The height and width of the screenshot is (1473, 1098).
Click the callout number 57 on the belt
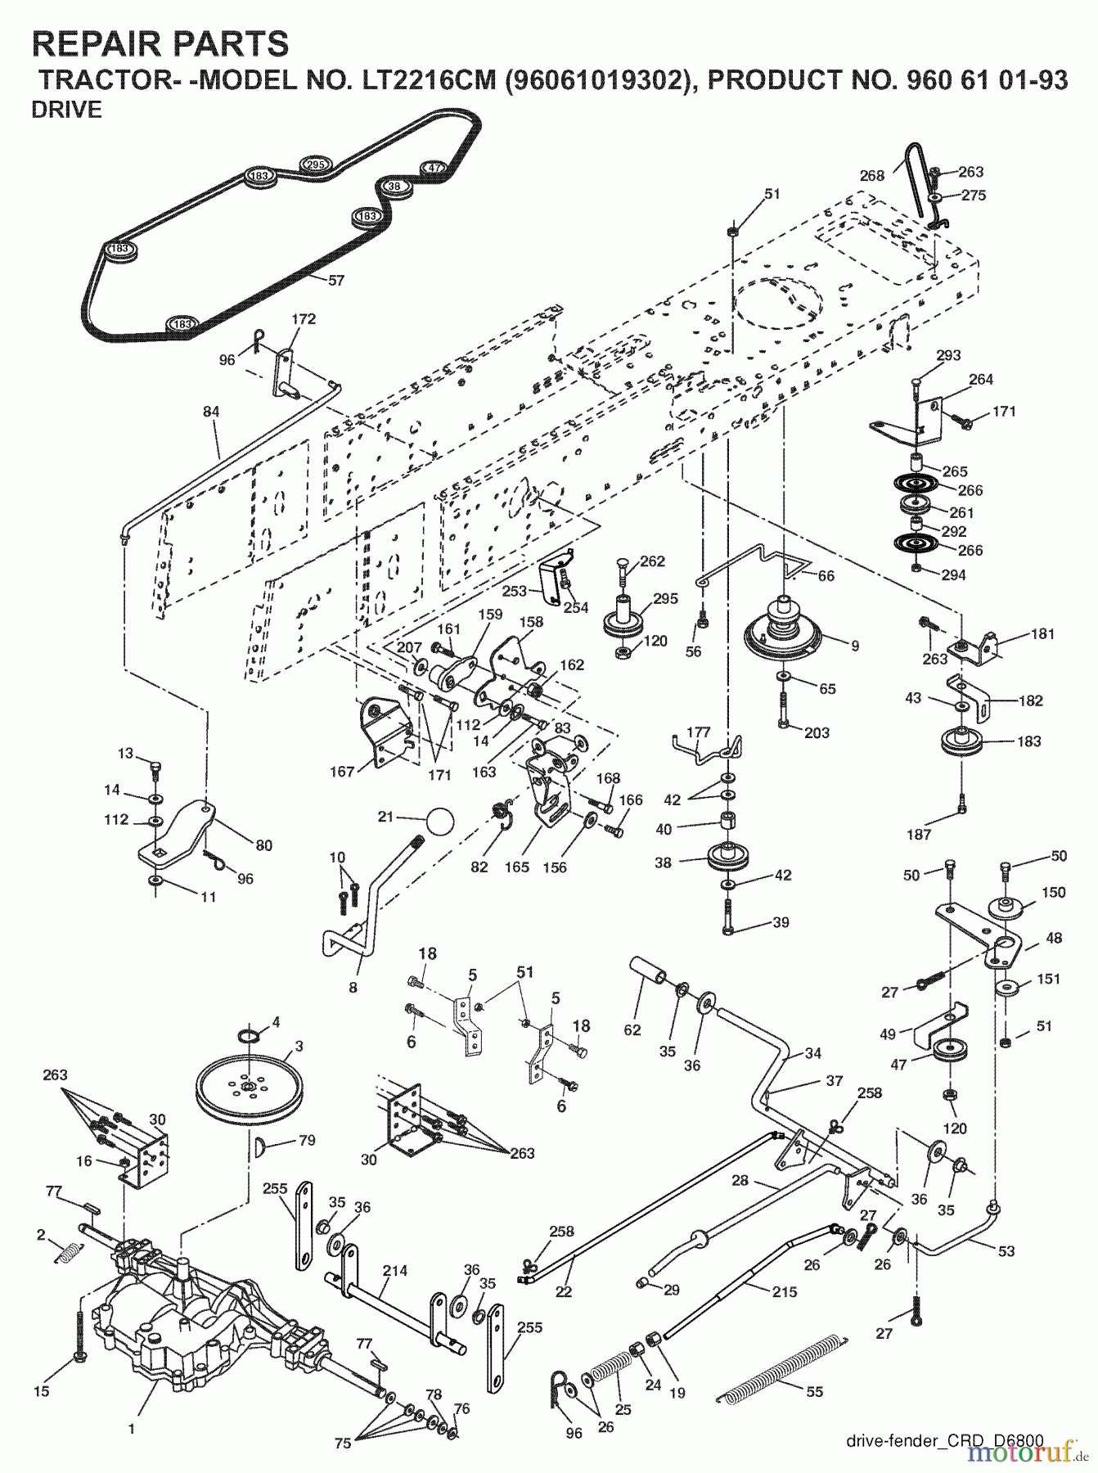pyautogui.click(x=336, y=280)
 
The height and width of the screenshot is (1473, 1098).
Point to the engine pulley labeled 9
pyautogui.click(x=784, y=629)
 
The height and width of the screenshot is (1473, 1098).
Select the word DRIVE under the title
pyautogui.click(x=66, y=110)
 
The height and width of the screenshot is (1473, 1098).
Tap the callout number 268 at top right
pyautogui.click(x=872, y=175)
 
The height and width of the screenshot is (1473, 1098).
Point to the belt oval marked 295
pyautogui.click(x=316, y=164)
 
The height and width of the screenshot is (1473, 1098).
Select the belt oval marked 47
pyautogui.click(x=433, y=168)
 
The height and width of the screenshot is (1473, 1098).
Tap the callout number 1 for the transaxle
pyautogui.click(x=133, y=1430)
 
